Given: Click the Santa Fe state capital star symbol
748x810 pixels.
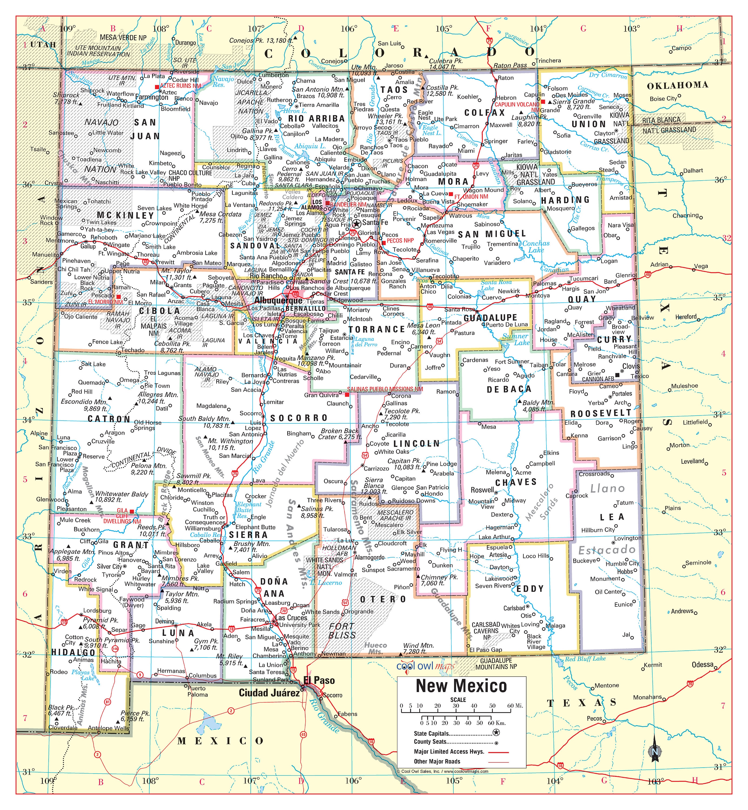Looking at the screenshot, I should (357, 223).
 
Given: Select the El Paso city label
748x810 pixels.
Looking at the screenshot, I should (319, 680).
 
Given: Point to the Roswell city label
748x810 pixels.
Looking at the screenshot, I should (482, 490).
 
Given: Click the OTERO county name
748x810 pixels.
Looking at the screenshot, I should (383, 599).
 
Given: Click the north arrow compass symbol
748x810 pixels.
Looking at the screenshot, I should (655, 752).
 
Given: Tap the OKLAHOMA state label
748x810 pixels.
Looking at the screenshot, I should (677, 85).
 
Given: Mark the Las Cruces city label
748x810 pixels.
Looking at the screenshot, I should (291, 618).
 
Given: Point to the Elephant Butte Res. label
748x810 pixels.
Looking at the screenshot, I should (248, 510).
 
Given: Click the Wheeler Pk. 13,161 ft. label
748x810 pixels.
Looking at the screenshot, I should (385, 119).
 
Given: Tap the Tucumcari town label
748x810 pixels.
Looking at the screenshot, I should (584, 278).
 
